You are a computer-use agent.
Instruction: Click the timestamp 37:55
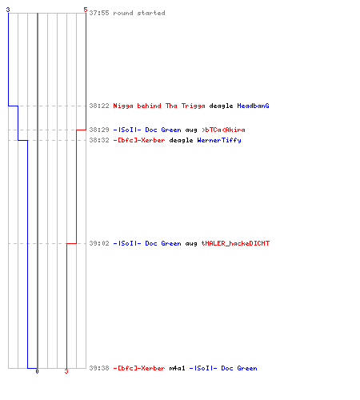[x=99, y=13]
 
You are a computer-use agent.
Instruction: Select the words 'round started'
[x=139, y=13]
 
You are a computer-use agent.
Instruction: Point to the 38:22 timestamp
[x=99, y=106]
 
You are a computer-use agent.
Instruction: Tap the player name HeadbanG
[x=253, y=106]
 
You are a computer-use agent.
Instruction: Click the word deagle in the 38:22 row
[x=221, y=106]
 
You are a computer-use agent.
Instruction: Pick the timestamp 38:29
[x=99, y=130]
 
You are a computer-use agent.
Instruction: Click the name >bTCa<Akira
[x=223, y=130]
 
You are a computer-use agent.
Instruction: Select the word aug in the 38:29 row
[x=191, y=130]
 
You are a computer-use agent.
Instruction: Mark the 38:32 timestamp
[x=99, y=140]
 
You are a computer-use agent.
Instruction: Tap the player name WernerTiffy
[x=219, y=140]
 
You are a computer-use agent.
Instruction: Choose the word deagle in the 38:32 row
[x=181, y=141]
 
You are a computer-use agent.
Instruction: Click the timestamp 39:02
[x=99, y=243]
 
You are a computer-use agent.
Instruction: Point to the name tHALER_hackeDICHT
[x=235, y=243]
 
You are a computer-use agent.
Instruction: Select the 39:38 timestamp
[x=99, y=368]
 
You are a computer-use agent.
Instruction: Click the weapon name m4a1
[x=177, y=368]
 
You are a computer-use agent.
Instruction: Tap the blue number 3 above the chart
[x=8, y=10]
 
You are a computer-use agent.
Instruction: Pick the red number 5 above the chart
[x=86, y=10]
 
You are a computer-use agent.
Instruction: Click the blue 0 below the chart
[x=37, y=371]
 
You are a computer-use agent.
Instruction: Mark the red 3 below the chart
[x=66, y=371]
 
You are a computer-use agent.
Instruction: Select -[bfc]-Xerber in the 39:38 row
[x=139, y=368]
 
